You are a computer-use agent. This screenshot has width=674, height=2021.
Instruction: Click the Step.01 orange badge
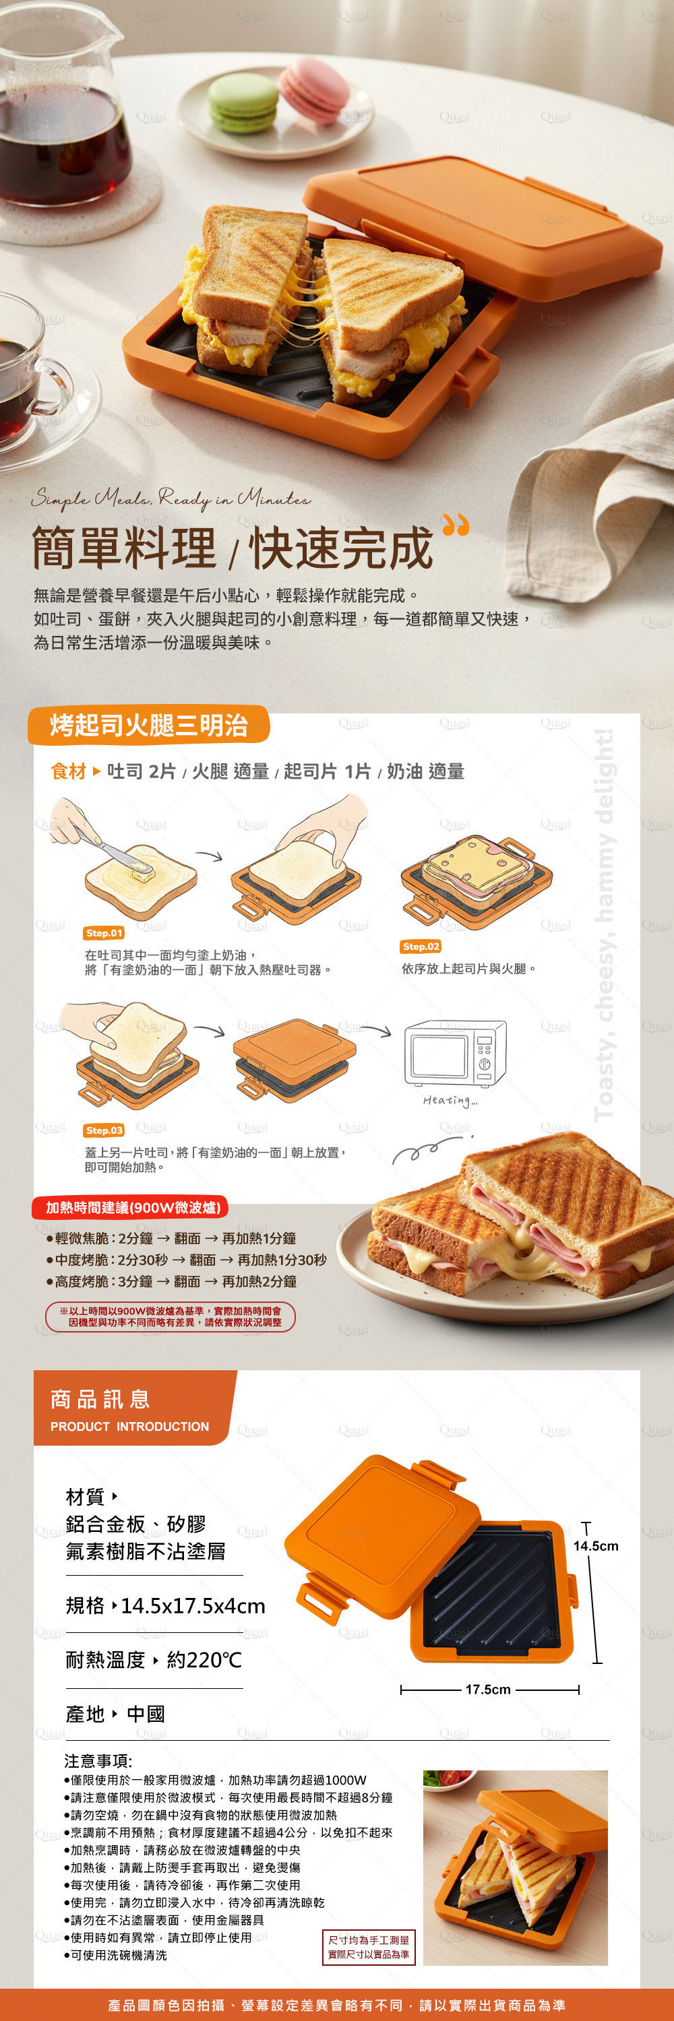click(104, 933)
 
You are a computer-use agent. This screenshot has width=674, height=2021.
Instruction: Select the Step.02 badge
click(421, 947)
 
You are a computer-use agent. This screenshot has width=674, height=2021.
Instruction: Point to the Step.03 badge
click(104, 1130)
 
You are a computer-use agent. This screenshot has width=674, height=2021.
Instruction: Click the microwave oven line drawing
click(455, 1053)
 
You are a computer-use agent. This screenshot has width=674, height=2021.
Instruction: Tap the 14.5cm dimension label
click(596, 1545)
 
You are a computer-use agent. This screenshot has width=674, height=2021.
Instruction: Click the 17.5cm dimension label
click(488, 1689)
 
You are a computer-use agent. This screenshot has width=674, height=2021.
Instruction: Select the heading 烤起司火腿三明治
click(149, 725)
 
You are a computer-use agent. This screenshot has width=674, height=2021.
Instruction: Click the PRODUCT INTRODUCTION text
click(129, 1426)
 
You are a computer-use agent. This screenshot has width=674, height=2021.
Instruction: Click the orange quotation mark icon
click(456, 524)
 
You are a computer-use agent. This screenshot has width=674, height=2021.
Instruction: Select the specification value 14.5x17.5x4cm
click(193, 1606)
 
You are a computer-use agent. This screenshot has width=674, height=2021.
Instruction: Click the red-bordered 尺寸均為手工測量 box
click(368, 1948)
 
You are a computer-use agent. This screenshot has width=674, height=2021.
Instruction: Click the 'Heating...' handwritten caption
click(450, 1101)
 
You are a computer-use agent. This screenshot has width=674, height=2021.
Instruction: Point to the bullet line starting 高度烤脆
click(171, 1281)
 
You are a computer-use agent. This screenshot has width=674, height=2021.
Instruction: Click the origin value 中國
click(146, 1714)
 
